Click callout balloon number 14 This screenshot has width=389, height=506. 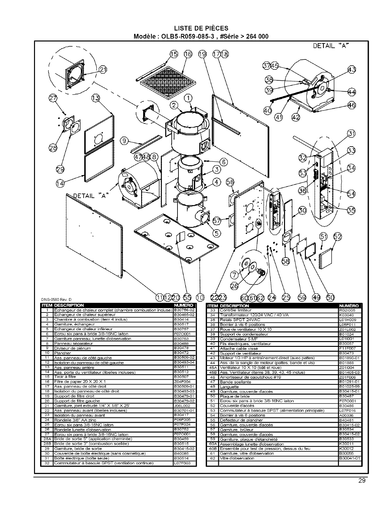[x=60, y=183]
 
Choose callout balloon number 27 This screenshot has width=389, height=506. [x=53, y=98]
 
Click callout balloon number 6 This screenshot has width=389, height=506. [x=224, y=162]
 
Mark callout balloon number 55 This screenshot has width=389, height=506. [x=186, y=297]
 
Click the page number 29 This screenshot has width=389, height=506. [x=362, y=481]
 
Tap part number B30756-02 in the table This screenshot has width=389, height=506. [x=184, y=310]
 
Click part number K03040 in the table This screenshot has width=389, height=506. [x=345, y=315]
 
